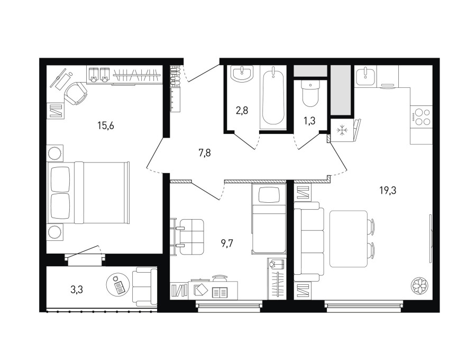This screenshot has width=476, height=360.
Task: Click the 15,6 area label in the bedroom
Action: [x=106, y=125]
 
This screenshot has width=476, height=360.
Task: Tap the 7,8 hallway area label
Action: [x=205, y=153]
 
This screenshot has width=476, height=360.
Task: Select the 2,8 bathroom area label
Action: [x=242, y=111]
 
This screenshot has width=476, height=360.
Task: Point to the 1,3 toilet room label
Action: [x=309, y=121]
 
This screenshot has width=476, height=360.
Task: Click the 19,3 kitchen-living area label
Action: [x=388, y=191]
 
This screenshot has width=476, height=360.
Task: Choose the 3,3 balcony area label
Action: [x=77, y=290]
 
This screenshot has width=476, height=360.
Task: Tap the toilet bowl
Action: [x=310, y=93]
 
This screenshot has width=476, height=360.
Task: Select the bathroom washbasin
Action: [x=242, y=75]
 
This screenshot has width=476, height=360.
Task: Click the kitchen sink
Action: [x=365, y=76]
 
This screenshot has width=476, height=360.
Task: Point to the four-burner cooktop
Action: [x=420, y=116]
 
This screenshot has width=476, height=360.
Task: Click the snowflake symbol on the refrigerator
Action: [x=342, y=130]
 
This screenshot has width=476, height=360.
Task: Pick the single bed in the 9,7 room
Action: [x=269, y=219]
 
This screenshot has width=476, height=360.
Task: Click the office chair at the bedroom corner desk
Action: [x=76, y=94]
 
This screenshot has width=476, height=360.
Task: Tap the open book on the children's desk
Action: [x=220, y=293]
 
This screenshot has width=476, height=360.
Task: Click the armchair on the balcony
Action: [x=145, y=286]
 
